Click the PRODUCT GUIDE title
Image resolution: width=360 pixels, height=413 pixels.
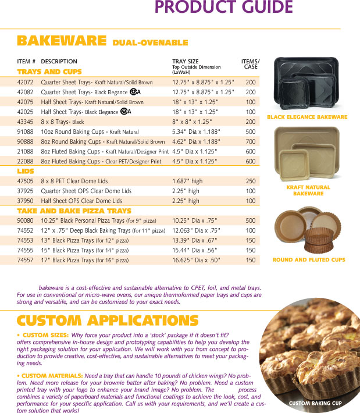click(x=223, y=8)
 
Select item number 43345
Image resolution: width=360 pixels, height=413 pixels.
click(x=25, y=122)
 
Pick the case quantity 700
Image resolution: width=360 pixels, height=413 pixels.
click(x=251, y=141)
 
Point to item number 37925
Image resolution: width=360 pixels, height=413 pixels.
click(x=25, y=191)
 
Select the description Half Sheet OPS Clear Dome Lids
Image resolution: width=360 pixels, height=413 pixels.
click(x=86, y=201)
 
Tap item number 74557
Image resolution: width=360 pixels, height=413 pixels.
click(x=25, y=260)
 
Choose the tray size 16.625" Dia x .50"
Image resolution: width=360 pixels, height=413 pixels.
click(x=197, y=260)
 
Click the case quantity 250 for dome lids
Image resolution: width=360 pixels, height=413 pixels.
click(x=251, y=181)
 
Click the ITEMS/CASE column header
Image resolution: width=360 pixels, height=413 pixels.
click(x=251, y=63)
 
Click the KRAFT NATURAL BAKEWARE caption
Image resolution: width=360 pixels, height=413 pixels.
click(x=308, y=190)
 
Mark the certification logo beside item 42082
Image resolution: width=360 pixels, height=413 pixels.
click(x=134, y=92)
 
